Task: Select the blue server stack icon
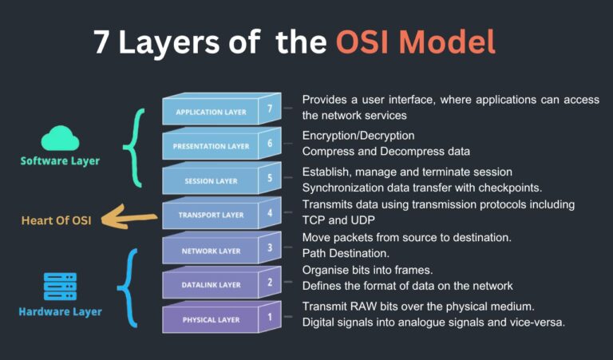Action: (x=60, y=287)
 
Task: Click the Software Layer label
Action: (x=60, y=161)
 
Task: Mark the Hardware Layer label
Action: (x=60, y=311)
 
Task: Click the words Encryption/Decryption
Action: (x=358, y=136)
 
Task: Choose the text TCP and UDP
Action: (x=339, y=220)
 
